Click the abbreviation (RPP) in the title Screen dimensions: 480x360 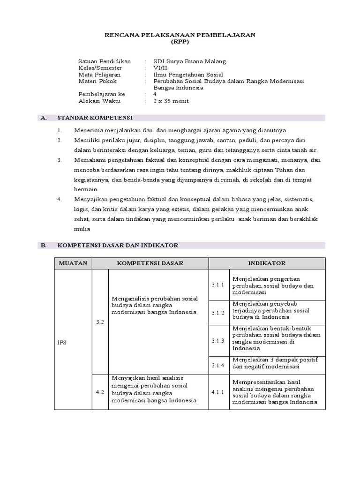[180, 42]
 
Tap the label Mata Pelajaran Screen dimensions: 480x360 [99, 74]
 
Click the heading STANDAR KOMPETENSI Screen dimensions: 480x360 [95, 118]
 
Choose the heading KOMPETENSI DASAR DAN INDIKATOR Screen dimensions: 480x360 [118, 245]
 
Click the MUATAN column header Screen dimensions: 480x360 [73, 263]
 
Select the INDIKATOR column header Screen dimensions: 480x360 [267, 263]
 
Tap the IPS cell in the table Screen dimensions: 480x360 [63, 342]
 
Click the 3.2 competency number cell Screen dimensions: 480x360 [100, 322]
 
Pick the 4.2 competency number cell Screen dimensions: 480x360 [100, 391]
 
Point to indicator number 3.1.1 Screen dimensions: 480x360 [218, 285]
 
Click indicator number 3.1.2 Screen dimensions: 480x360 [218, 313]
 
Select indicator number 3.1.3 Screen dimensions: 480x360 [218, 340]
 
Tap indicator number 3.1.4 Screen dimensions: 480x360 [218, 365]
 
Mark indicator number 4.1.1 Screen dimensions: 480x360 [218, 391]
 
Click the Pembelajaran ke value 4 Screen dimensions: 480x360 [155, 94]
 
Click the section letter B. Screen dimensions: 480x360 [44, 245]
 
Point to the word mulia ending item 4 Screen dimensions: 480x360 [82, 229]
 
